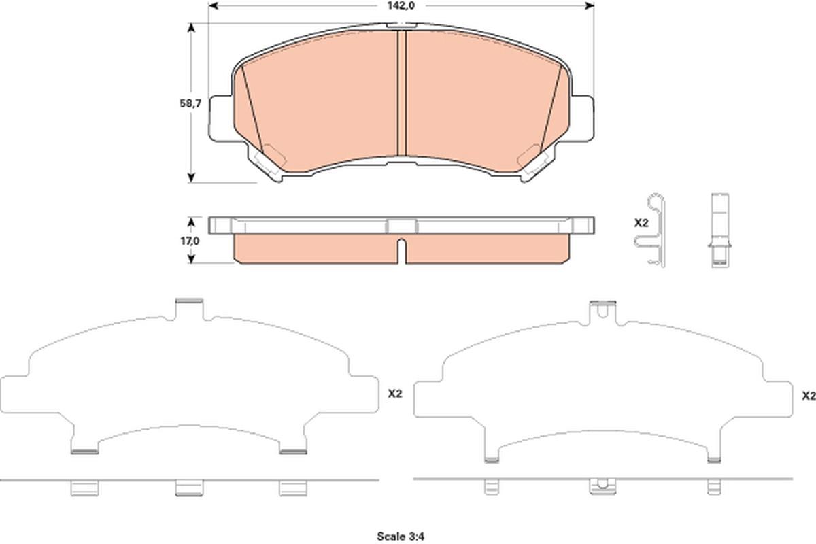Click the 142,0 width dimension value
pyautogui.click(x=401, y=5)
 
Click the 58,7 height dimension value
pyautogui.click(x=190, y=103)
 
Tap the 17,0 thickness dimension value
pyautogui.click(x=190, y=241)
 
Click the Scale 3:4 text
pyautogui.click(x=401, y=537)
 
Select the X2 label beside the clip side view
pyautogui.click(x=641, y=223)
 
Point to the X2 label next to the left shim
pyautogui.click(x=395, y=394)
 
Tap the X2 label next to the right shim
pyautogui.click(x=809, y=396)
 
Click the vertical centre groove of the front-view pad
pyautogui.click(x=401, y=93)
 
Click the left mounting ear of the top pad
pyautogui.click(x=221, y=118)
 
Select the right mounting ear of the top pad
pyautogui.click(x=582, y=118)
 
